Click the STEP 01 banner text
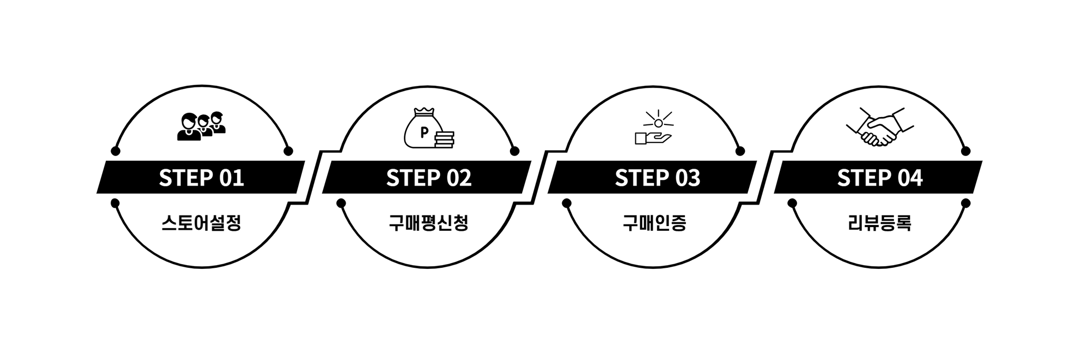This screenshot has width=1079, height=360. point(201,178)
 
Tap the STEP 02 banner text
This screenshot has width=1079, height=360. point(428,178)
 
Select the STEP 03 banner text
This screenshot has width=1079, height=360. point(657,178)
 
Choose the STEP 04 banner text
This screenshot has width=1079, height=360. point(880,178)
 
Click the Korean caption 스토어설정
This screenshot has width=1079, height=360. point(201,223)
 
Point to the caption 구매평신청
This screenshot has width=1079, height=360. point(428,223)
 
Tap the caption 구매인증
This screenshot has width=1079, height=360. point(654,223)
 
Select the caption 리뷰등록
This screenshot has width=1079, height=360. point(880,223)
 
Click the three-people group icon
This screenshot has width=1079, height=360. point(201,127)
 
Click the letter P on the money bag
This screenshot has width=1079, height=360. point(424,132)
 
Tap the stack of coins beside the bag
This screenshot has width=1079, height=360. point(445,140)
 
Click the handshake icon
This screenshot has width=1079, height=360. point(880,127)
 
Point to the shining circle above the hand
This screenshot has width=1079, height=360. point(658,123)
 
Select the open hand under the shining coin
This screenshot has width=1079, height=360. point(653,139)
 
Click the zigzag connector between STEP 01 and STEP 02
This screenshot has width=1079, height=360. point(314,178)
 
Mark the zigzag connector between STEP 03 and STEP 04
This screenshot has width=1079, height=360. point(766,178)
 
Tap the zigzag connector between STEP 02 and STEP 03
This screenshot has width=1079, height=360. point(541,178)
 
